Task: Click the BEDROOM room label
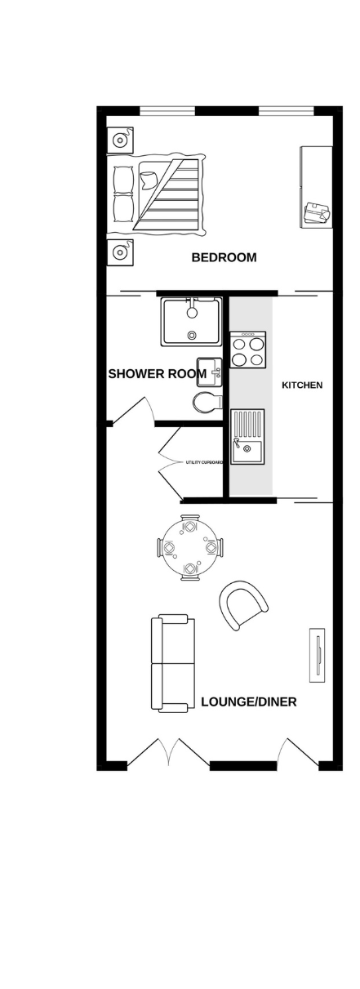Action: pyautogui.click(x=224, y=257)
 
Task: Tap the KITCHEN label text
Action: pyautogui.click(x=302, y=385)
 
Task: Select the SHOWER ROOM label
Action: pyautogui.click(x=157, y=374)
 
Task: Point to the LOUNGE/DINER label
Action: pyautogui.click(x=249, y=702)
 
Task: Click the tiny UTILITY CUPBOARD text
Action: pyautogui.click(x=203, y=462)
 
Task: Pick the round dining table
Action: pyautogui.click(x=190, y=548)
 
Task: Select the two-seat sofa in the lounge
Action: pyautogui.click(x=173, y=663)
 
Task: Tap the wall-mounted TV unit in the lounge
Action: pyautogui.click(x=317, y=655)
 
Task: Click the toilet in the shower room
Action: pyautogui.click(x=207, y=403)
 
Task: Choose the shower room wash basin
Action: pyautogui.click(x=210, y=372)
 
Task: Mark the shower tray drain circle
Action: pyautogui.click(x=192, y=335)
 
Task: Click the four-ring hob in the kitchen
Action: pyautogui.click(x=247, y=350)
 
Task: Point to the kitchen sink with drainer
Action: pyautogui.click(x=247, y=437)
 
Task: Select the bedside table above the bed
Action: pyautogui.click(x=119, y=140)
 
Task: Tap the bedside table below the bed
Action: pyautogui.click(x=119, y=252)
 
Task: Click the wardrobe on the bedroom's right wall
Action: pyautogui.click(x=316, y=187)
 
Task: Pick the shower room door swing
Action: pyautogui.click(x=133, y=412)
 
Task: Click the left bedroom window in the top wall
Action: pyautogui.click(x=167, y=109)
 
